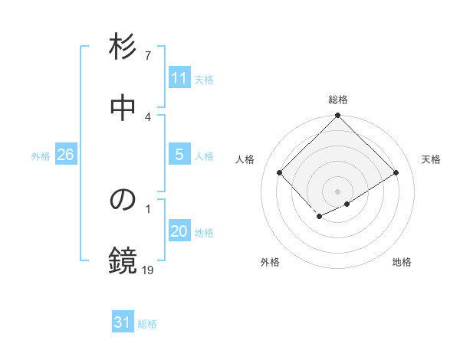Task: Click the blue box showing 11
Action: point(179,78)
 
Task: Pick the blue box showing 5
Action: point(179,155)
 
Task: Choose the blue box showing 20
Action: point(179,232)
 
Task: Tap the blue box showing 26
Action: point(65,155)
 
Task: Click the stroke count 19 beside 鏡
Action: point(148,270)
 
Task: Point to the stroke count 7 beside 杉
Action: point(148,55)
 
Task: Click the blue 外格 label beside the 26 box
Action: point(41,155)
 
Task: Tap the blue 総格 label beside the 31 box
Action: point(147,324)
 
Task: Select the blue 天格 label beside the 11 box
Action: point(204,79)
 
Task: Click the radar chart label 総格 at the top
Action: point(338,100)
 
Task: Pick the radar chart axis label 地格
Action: point(402,262)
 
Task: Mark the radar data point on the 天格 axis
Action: point(396,173)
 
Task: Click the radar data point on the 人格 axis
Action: point(280,173)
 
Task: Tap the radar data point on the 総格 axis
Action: point(338,116)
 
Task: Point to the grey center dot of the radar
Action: point(338,191)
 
